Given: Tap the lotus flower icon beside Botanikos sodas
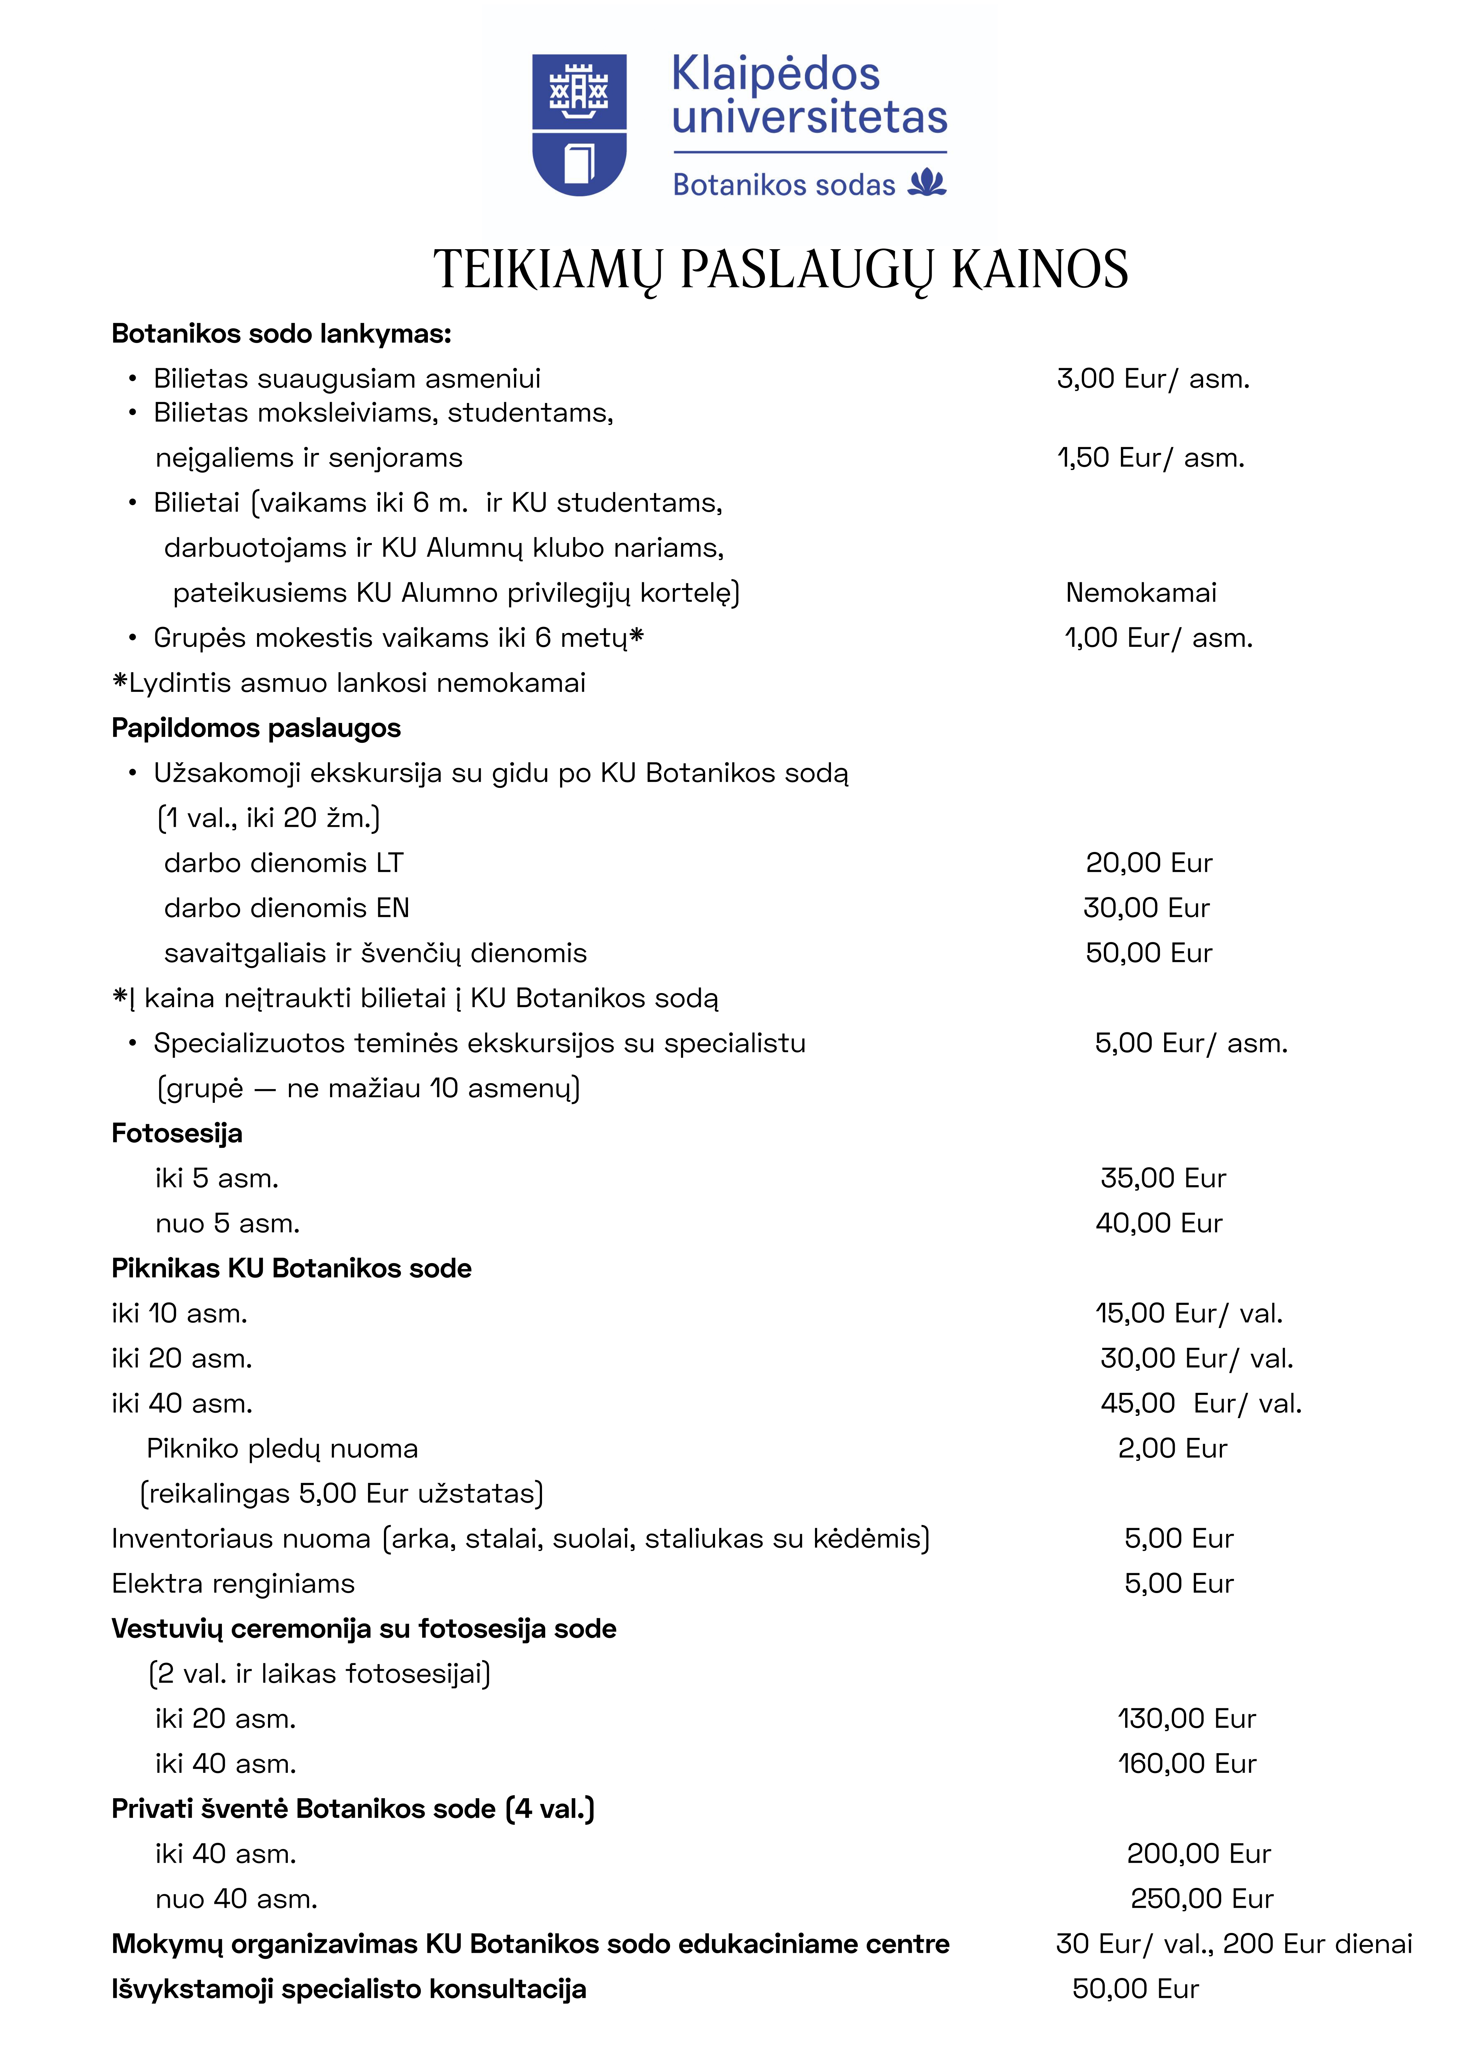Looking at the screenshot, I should pos(927,183).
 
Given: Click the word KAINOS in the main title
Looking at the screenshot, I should pos(1040,269).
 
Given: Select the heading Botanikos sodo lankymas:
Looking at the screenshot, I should pos(281,334).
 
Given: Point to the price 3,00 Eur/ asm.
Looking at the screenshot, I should pos(1152,379).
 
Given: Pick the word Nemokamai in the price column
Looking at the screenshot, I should pos(1141,593).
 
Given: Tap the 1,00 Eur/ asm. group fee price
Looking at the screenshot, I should pos(1158,638).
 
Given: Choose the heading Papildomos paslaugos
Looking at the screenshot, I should pos(255,728).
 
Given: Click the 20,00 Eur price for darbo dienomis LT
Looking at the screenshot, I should pos(1148,863).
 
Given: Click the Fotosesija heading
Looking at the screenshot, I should pos(177,1133).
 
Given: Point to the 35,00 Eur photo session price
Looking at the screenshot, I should pos(1162,1178).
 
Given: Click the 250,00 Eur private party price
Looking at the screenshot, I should pos(1201,1899).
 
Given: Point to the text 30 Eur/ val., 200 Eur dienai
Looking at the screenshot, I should pos(1233,1944).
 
